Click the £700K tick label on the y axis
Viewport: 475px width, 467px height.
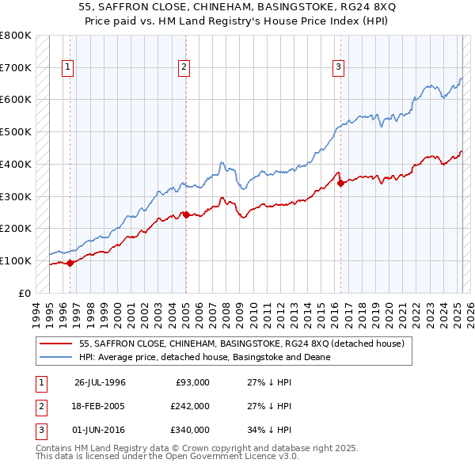pyautogui.click(x=15, y=67)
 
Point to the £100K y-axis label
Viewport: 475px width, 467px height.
pyautogui.click(x=15, y=260)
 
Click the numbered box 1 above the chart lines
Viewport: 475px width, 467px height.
pyautogui.click(x=68, y=68)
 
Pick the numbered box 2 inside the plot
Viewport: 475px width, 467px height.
pyautogui.click(x=184, y=68)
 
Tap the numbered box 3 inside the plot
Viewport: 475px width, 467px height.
pyautogui.click(x=338, y=68)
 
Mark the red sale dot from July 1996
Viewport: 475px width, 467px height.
pyautogui.click(x=70, y=263)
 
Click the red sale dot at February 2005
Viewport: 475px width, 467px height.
pyautogui.click(x=186, y=215)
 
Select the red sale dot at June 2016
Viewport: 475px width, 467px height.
pyautogui.click(x=341, y=183)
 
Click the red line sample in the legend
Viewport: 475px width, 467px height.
pyautogui.click(x=56, y=344)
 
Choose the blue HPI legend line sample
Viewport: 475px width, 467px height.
pyautogui.click(x=56, y=357)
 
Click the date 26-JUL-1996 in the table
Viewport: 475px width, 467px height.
pyautogui.click(x=100, y=382)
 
